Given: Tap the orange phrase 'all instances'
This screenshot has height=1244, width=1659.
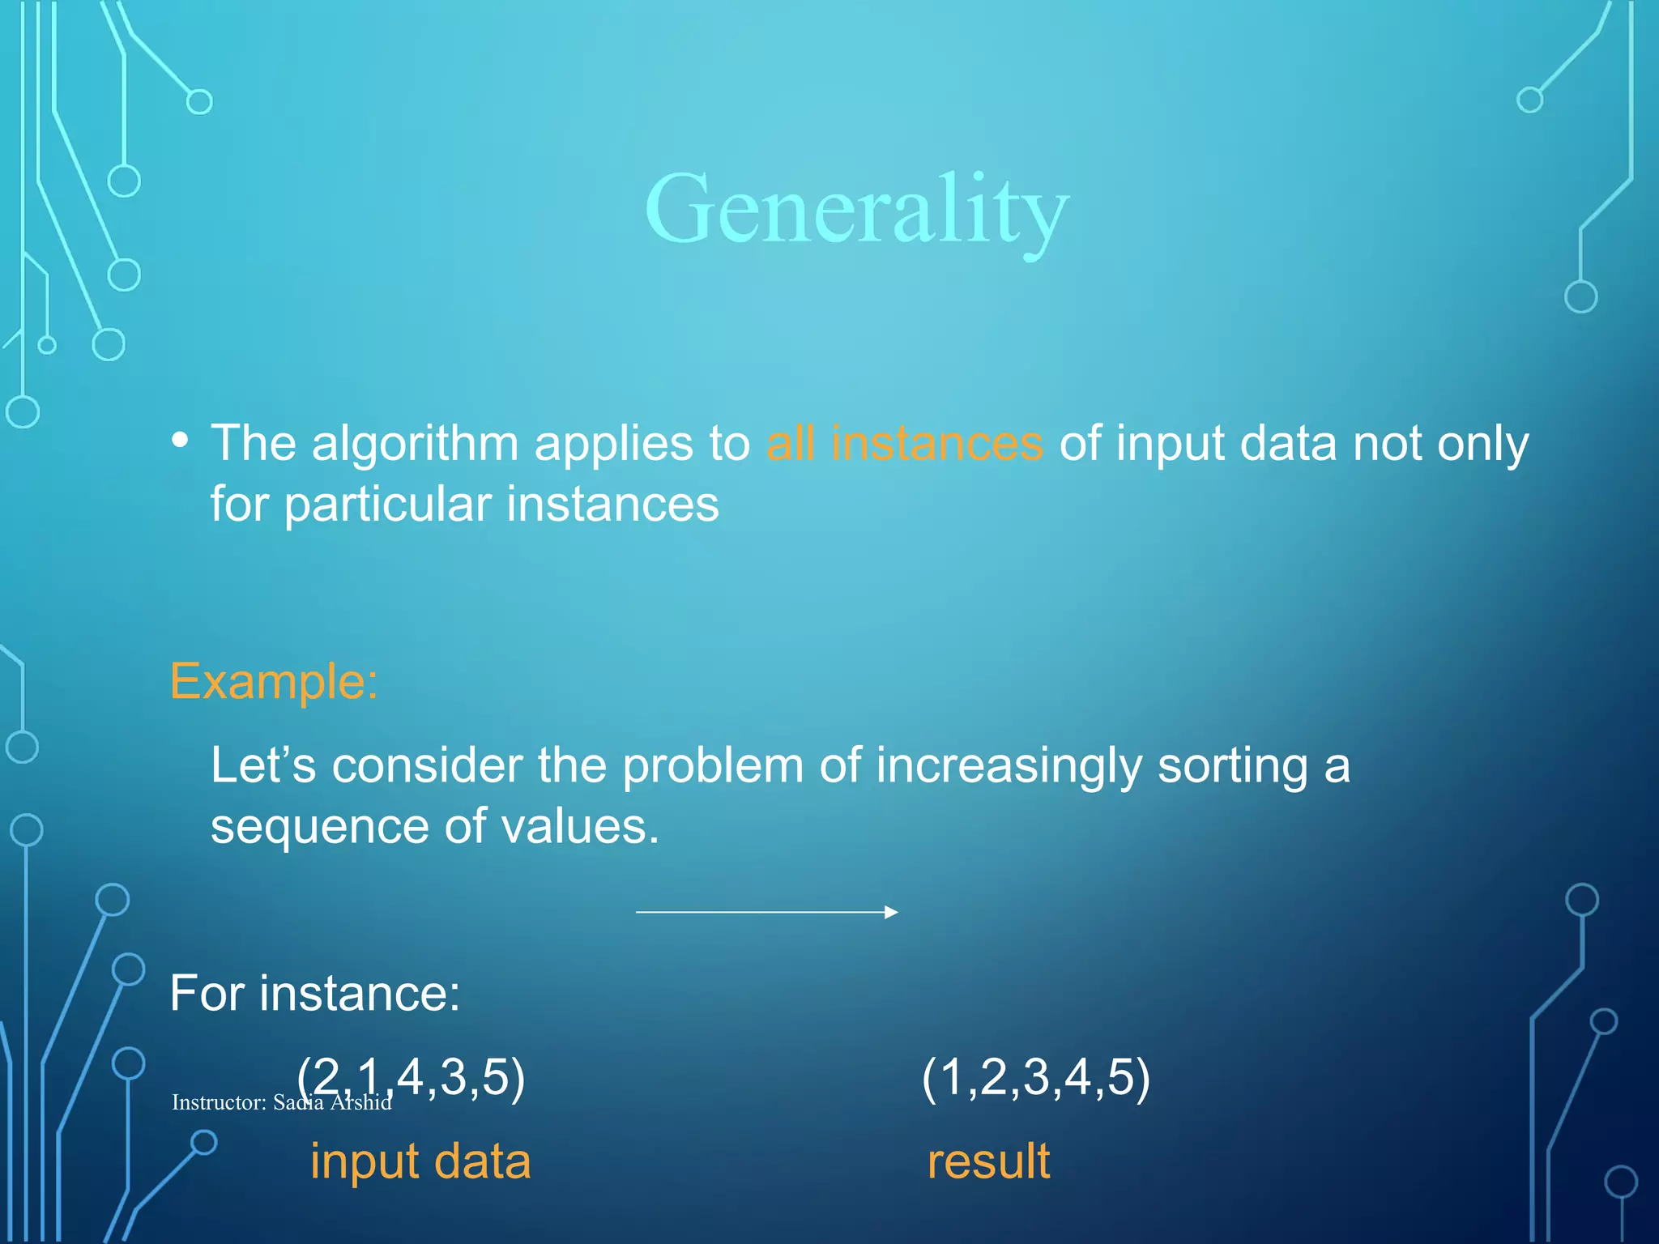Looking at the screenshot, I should point(904,443).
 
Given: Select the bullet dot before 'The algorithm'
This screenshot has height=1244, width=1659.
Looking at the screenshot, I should point(180,441).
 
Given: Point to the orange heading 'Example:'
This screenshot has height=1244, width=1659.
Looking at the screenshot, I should point(274,681).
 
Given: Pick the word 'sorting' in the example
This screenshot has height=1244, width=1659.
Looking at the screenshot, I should point(1232,766).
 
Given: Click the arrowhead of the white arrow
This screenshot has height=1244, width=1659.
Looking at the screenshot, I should point(891,913).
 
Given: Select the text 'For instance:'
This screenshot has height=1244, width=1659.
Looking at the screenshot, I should point(315,993).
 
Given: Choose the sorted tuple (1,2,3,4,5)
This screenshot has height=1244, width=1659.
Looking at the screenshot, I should point(1036,1077).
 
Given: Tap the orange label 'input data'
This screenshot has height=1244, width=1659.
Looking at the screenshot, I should point(420,1161).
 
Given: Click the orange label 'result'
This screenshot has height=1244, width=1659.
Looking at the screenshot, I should point(988,1161).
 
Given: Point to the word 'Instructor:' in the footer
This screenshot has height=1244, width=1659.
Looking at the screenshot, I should point(219,1102).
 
